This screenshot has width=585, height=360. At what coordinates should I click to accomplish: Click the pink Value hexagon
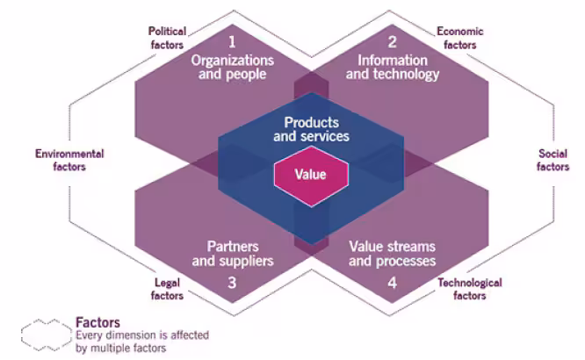click(x=312, y=174)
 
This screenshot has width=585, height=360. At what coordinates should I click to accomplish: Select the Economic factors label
click(x=458, y=38)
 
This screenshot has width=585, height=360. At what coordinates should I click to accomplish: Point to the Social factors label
click(x=552, y=160)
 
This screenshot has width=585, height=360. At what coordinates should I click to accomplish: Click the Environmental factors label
click(x=69, y=160)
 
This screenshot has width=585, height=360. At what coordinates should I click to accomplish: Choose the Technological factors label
click(x=469, y=289)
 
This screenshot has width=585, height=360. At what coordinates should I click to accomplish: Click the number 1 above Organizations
click(x=232, y=41)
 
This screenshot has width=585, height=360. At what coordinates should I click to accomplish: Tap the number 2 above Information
click(x=392, y=41)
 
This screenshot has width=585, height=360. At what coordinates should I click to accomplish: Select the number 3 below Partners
click(x=232, y=283)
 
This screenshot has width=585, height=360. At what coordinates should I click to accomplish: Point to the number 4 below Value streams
click(x=393, y=283)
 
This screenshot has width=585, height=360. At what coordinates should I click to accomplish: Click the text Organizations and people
click(x=232, y=68)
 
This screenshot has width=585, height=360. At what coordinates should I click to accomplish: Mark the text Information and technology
click(x=392, y=68)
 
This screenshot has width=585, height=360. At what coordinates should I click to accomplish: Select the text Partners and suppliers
click(x=232, y=254)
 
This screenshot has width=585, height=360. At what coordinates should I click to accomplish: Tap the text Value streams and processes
click(x=393, y=254)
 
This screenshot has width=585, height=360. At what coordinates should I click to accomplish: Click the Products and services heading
click(x=311, y=130)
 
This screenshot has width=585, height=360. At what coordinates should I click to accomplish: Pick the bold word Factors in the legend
click(x=97, y=322)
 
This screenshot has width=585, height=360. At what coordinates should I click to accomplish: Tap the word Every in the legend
click(x=89, y=335)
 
